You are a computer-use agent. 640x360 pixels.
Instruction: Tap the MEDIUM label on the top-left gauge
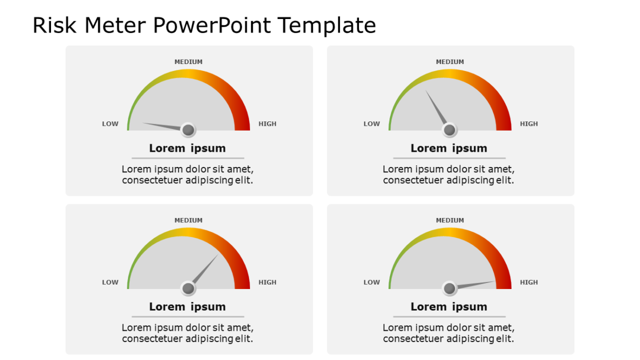[188, 62]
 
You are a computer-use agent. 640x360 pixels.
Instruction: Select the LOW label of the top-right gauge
[372, 124]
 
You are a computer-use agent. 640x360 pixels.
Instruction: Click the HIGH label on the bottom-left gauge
[267, 282]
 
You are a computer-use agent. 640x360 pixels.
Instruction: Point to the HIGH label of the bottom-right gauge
[529, 282]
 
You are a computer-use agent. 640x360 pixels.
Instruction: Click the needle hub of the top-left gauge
[188, 130]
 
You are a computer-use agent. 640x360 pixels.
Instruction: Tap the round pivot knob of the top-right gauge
[449, 130]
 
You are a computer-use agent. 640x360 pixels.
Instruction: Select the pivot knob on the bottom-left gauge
[188, 288]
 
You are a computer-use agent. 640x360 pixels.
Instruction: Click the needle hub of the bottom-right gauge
[449, 288]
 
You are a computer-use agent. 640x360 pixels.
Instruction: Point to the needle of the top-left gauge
[162, 126]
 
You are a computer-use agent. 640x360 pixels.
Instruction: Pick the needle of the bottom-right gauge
[476, 284]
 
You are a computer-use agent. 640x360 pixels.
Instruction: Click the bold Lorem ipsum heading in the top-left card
[187, 148]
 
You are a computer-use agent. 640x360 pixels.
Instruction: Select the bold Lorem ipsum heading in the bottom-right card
[449, 306]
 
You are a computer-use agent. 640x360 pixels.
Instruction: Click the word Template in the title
[327, 25]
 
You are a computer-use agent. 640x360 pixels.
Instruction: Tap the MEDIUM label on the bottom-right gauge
[450, 220]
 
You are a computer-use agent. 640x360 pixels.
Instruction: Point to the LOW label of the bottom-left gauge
[110, 282]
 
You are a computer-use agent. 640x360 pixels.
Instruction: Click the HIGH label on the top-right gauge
[529, 124]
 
